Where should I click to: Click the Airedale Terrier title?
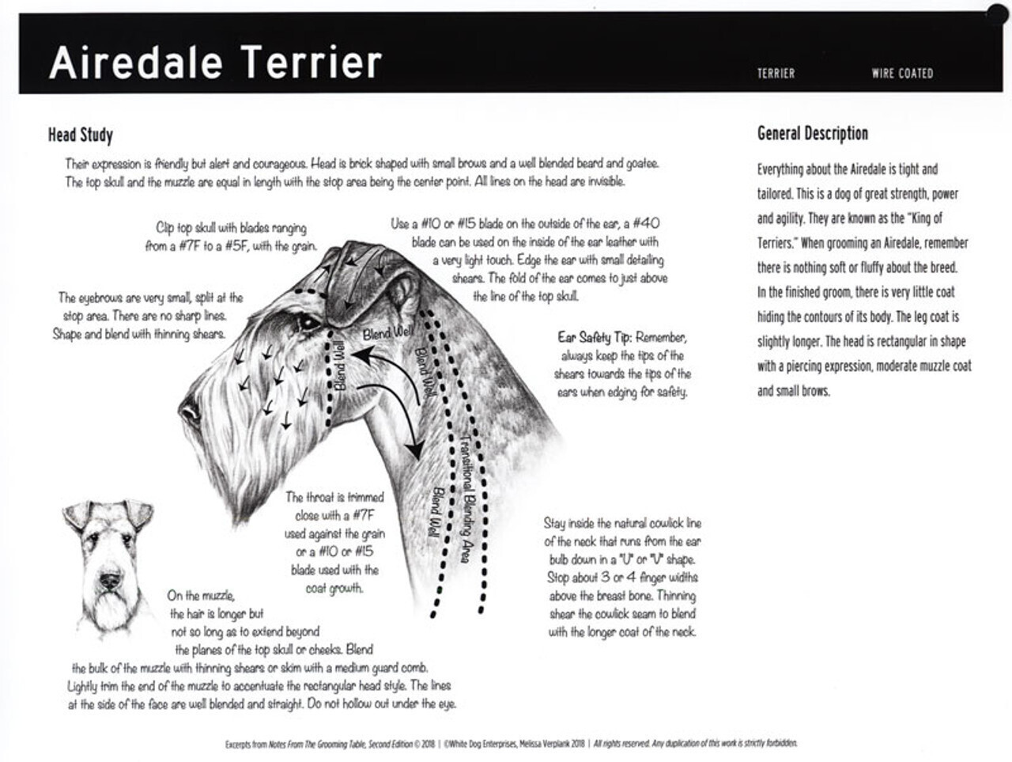tap(215, 63)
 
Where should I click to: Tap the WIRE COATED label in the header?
tap(902, 74)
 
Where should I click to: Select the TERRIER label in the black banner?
tap(776, 74)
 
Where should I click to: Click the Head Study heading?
tap(81, 135)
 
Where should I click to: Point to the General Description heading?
tap(812, 134)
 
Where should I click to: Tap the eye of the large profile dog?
tap(305, 323)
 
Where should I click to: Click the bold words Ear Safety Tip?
tap(594, 338)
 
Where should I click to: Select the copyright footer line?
tap(511, 744)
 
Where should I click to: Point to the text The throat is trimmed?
tap(334, 498)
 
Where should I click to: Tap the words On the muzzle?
tap(201, 595)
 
